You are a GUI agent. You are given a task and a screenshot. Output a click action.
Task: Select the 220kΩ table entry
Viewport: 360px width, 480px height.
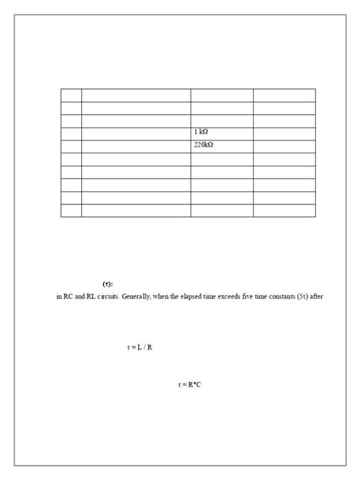point(204,146)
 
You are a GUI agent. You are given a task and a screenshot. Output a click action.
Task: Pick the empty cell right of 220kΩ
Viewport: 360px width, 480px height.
point(283,146)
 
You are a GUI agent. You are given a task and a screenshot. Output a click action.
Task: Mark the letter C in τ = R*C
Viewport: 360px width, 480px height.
point(198,385)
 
